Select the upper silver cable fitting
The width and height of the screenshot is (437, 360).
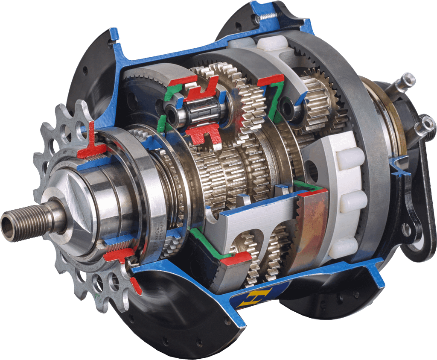tap(405, 81)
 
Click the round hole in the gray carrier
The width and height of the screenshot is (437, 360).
tap(314, 171)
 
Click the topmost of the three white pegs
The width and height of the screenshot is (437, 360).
tap(350, 158)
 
